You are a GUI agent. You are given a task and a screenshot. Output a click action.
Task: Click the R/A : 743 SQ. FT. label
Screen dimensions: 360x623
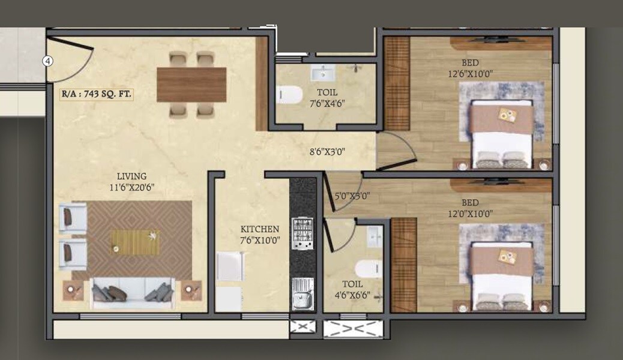(x=97, y=94)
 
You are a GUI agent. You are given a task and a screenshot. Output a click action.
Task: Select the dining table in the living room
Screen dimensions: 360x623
(x=191, y=85)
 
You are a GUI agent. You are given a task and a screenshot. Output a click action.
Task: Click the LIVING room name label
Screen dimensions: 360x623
(x=131, y=176)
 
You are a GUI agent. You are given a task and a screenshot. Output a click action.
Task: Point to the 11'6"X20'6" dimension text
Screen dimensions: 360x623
(x=131, y=187)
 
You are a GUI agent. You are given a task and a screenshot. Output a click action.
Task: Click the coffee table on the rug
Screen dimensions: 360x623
(x=135, y=242)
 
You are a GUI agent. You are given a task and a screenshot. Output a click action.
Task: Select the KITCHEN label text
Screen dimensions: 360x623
(x=259, y=229)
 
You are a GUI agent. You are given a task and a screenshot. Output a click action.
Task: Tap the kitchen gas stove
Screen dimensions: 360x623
(x=302, y=233)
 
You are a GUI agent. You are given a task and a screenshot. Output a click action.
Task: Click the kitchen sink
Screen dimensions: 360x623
(x=302, y=295)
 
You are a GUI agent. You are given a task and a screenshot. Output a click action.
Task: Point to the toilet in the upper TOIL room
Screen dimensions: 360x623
(x=290, y=95)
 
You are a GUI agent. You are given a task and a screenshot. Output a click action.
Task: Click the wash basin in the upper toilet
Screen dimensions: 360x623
(x=325, y=73)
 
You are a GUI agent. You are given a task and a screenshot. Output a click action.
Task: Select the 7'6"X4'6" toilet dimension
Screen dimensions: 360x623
(x=328, y=103)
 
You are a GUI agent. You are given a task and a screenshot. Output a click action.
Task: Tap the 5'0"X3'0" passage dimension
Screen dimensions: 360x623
(x=352, y=195)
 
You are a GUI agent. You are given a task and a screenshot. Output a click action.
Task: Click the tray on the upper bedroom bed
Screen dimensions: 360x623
(x=507, y=115)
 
